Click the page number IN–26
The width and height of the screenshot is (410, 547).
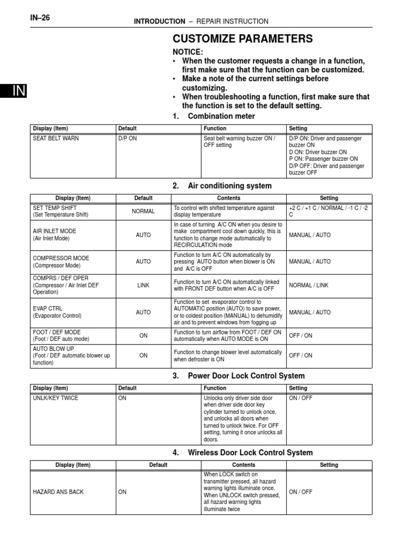click(40, 18)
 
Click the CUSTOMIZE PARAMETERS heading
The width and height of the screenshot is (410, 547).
click(242, 38)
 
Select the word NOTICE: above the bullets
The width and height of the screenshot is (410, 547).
click(187, 52)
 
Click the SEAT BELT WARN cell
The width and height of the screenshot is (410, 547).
click(56, 138)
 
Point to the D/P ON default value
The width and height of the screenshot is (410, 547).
click(128, 138)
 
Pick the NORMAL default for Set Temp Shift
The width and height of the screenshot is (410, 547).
click(143, 211)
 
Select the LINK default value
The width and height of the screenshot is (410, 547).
click(143, 285)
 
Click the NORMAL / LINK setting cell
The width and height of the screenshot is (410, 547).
click(309, 285)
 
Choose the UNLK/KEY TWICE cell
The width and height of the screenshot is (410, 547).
click(56, 398)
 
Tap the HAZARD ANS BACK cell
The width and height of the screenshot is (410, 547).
click(58, 492)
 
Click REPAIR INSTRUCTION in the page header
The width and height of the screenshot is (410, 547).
click(232, 21)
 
